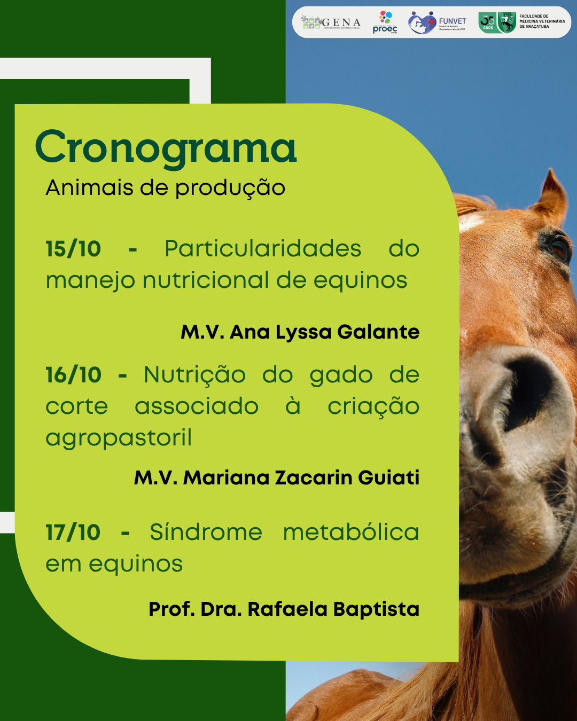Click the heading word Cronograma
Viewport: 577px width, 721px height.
coord(166,148)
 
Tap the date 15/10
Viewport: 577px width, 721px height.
coord(73,249)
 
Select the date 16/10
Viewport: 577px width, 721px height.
coord(73,375)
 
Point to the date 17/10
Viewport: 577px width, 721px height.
coord(73,532)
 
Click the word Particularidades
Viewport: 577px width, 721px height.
coord(263,249)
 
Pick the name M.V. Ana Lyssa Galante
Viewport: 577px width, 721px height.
coord(300,332)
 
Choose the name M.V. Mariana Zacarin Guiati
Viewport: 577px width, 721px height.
coord(276,477)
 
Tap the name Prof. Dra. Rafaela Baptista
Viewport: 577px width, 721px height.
coord(284,609)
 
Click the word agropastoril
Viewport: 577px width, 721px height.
coord(119,438)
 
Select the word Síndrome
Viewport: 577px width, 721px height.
coord(206,532)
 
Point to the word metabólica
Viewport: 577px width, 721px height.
coord(351,532)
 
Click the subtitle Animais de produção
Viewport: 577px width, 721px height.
coord(166,188)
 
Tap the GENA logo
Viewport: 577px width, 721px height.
coord(331,22)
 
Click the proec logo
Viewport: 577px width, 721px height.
coord(385,22)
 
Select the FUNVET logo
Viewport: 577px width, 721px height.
coord(437,22)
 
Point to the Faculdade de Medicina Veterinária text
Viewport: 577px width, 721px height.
coord(542,21)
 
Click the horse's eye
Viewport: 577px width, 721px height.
coord(559,248)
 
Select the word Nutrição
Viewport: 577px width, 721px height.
coord(194,375)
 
